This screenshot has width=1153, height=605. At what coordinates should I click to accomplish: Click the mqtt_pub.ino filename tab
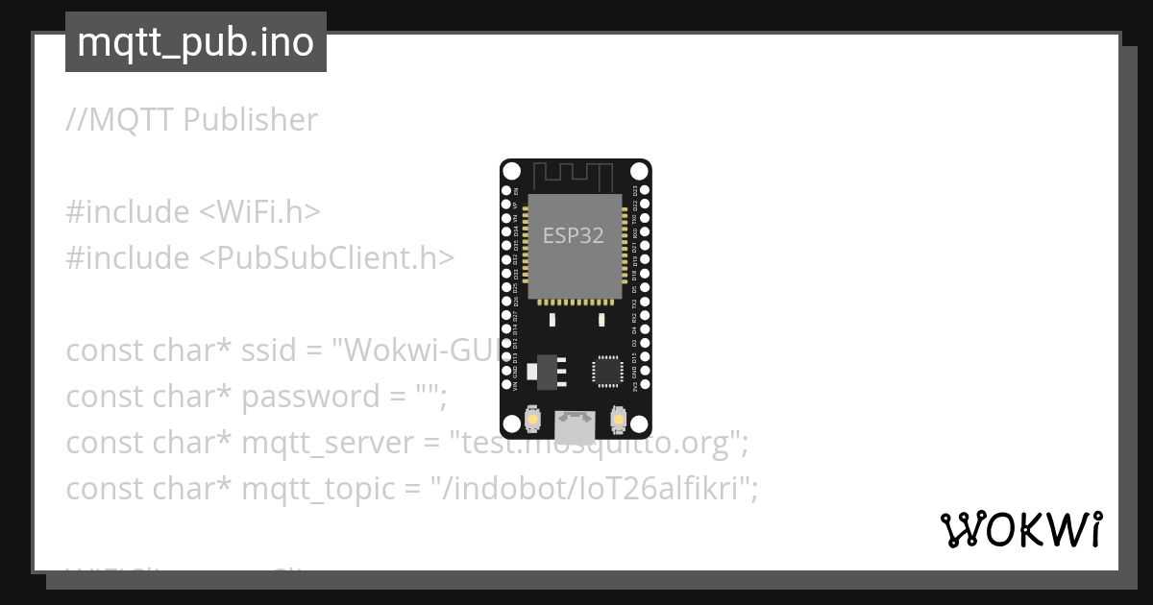195,42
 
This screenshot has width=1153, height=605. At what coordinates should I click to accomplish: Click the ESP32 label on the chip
574,235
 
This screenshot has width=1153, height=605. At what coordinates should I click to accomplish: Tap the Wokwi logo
1020,529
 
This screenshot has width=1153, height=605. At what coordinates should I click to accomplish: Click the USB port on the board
576,423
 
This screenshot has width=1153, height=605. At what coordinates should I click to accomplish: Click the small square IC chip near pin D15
607,371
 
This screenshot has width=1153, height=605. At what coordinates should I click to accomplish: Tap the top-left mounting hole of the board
511,172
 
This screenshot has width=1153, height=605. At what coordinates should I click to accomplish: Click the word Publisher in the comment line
250,120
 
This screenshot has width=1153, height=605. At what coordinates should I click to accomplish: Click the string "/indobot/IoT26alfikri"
595,489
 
